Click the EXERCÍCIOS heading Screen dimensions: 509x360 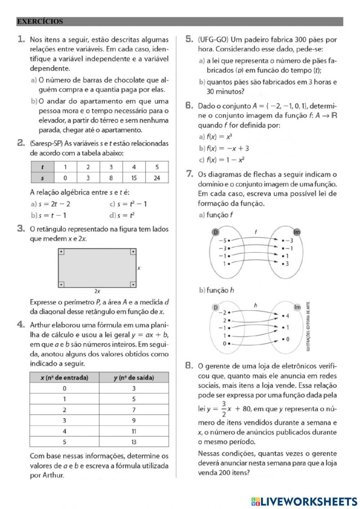[40, 22]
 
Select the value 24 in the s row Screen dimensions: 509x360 [157, 178]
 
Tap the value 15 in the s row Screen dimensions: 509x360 [134, 178]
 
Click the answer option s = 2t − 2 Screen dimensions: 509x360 [54, 204]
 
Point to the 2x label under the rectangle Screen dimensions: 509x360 [97, 291]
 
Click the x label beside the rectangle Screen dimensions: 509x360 [139, 268]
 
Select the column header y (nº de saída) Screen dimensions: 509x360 [134, 378]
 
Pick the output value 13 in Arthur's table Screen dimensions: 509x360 [134, 442]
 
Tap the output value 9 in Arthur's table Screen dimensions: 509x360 [134, 420]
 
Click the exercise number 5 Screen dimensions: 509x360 [189, 39]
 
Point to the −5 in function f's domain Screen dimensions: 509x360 [224, 241]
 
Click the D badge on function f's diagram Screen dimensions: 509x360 [216, 232]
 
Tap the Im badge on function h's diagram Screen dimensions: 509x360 [297, 307]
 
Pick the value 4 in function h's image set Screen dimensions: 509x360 [287, 316]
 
